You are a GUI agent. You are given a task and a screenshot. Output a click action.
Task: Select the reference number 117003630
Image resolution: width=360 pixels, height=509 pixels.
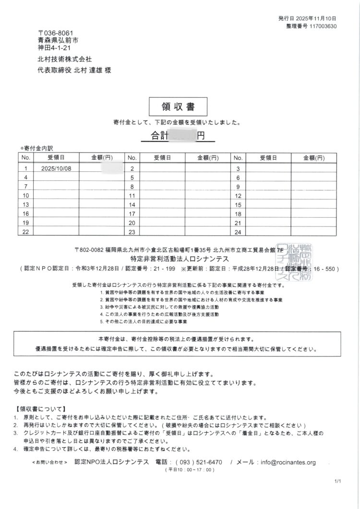(324, 26)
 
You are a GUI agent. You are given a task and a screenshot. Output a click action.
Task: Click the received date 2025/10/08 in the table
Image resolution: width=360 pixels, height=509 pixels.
(56, 168)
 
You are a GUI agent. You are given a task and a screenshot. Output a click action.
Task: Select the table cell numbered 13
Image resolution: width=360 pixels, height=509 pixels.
(26, 204)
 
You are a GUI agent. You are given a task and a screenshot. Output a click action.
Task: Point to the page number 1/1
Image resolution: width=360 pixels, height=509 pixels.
(337, 494)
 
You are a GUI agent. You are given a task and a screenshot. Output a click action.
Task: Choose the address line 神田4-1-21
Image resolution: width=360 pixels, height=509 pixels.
(55, 48)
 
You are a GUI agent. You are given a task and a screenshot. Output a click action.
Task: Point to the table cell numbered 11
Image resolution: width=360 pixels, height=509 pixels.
(132, 196)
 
